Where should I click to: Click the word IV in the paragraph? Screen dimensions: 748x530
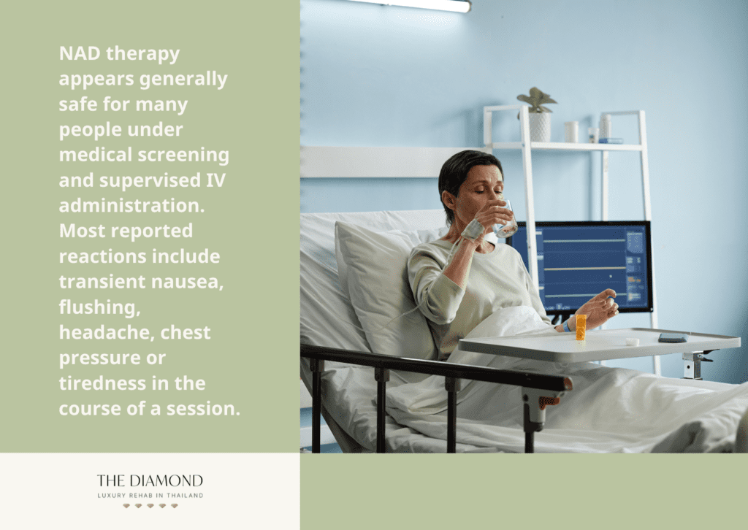(x=215, y=180)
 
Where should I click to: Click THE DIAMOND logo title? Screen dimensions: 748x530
(x=150, y=480)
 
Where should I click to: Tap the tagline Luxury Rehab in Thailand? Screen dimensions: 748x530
(x=150, y=496)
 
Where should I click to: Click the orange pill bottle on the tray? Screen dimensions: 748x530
(x=581, y=327)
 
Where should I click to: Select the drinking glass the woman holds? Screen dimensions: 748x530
(x=505, y=220)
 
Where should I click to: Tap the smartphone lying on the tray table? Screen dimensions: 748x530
(x=673, y=338)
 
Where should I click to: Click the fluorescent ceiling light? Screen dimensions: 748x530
(x=411, y=5)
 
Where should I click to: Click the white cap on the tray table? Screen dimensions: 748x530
(x=632, y=341)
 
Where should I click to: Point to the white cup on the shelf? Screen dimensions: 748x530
(x=571, y=131)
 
